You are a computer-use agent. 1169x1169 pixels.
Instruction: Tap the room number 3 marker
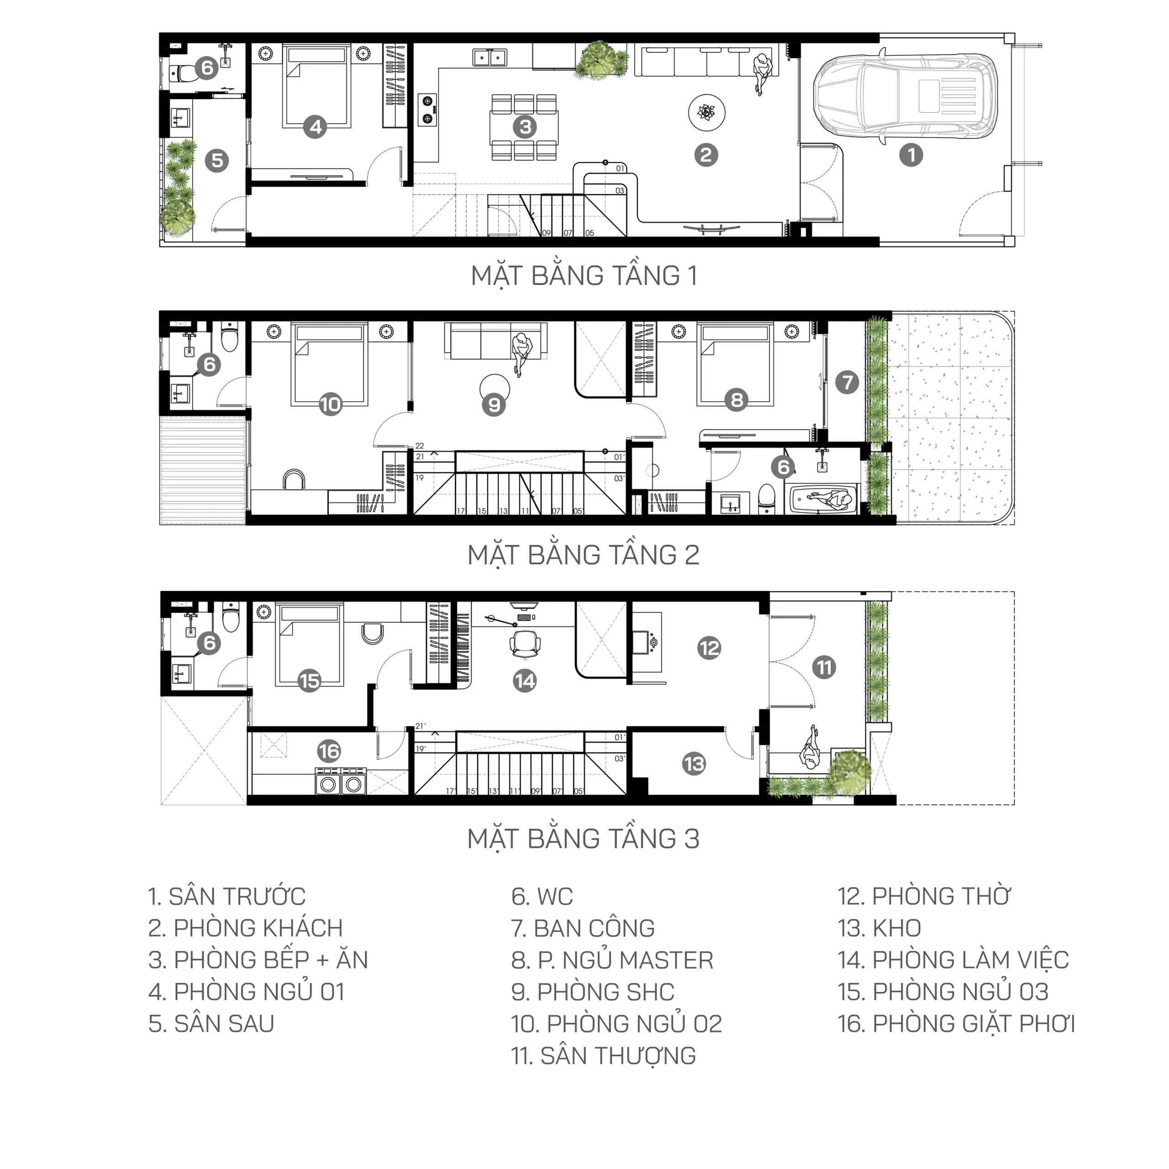[525, 127]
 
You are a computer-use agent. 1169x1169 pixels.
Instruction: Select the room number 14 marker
[525, 681]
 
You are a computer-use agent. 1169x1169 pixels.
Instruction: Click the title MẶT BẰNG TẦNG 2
[584, 555]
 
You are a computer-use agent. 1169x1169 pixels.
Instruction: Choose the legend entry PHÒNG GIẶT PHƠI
[957, 1024]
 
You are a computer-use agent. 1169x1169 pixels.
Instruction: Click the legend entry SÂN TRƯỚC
[227, 896]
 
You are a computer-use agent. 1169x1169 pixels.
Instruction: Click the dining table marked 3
[524, 128]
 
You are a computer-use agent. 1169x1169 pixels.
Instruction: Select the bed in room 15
[309, 645]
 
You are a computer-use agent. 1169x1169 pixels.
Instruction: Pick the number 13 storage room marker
[694, 764]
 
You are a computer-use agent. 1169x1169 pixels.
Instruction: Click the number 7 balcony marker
[847, 382]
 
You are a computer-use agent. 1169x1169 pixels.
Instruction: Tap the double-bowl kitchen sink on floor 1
[490, 58]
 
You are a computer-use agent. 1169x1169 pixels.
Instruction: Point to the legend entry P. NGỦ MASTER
[612, 960]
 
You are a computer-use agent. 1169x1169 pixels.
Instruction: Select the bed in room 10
[330, 365]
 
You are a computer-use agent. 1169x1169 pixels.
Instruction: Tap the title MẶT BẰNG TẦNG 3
[584, 839]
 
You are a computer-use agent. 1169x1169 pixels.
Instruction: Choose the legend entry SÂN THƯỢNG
[603, 1056]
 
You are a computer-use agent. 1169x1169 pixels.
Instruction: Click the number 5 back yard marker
[216, 161]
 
